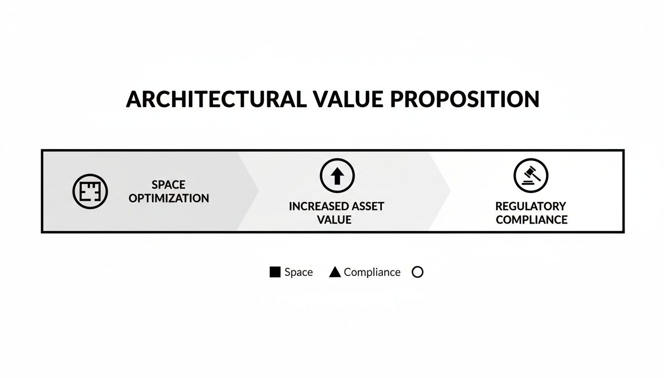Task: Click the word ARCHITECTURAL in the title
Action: tap(216, 99)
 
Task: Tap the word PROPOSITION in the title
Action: tap(464, 99)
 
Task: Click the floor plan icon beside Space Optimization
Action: tap(90, 191)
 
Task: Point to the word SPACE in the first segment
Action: tap(168, 185)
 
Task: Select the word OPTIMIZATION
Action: tap(168, 198)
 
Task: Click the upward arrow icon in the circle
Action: tap(337, 176)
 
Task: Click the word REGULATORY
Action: tap(531, 206)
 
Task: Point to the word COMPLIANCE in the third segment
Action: tap(531, 220)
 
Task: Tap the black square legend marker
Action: tap(275, 272)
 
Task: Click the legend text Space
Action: tap(298, 272)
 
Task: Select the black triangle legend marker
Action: tap(335, 272)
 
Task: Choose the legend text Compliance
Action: tap(372, 272)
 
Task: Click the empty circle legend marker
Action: tap(417, 272)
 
